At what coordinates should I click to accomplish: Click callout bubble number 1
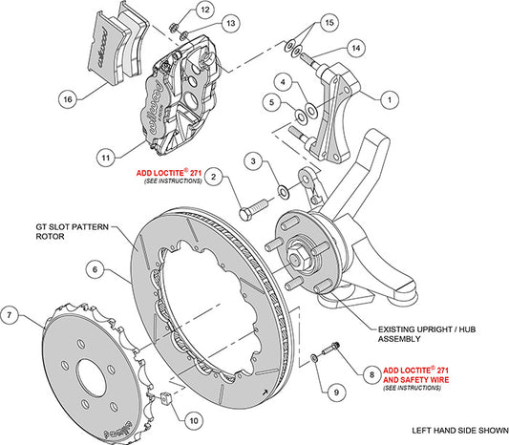[x=390, y=97]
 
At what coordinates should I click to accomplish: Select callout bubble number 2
[x=214, y=176]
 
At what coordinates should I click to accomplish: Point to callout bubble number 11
[x=106, y=153]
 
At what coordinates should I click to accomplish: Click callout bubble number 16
[x=67, y=97]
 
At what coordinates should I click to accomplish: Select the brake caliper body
[x=181, y=91]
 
